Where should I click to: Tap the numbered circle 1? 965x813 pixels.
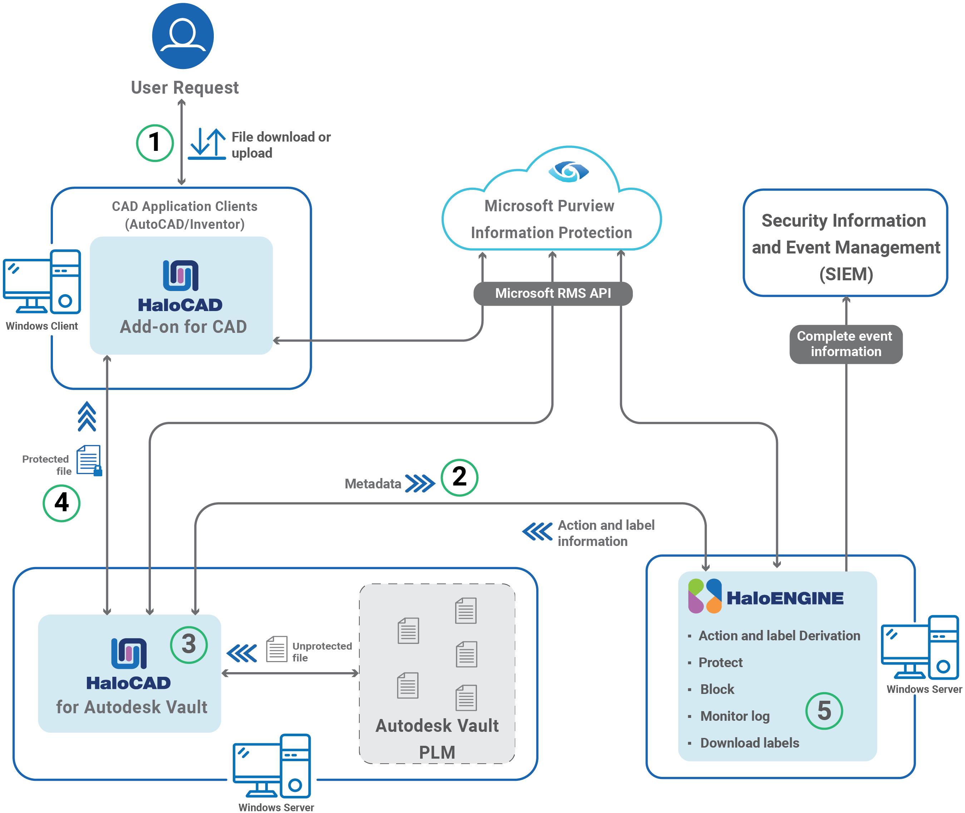(x=155, y=143)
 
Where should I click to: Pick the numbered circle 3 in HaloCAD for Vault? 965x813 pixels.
(x=188, y=644)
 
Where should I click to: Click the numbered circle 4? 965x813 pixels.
(x=61, y=503)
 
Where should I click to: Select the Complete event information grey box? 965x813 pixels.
(x=845, y=344)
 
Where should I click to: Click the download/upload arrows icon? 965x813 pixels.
(x=207, y=144)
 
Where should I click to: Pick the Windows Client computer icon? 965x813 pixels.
(x=43, y=282)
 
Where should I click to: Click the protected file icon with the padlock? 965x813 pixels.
(x=89, y=460)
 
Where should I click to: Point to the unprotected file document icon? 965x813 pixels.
(x=276, y=649)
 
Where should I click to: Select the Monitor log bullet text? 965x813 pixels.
(x=735, y=716)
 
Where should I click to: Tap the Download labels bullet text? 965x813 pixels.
(x=749, y=743)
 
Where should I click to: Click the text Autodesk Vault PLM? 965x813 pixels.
(x=437, y=738)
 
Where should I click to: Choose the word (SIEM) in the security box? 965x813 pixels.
(x=846, y=274)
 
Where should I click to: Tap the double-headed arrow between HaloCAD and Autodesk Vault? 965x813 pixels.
(x=290, y=673)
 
